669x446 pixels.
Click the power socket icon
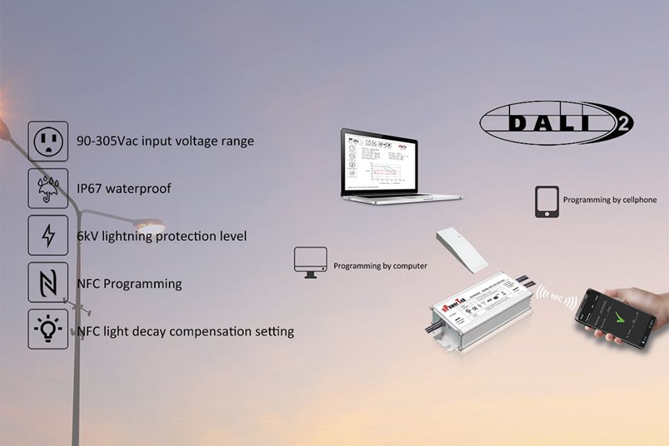48,141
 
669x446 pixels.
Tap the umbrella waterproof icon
48,188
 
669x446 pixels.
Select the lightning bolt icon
48,236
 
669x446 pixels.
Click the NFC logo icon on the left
48,282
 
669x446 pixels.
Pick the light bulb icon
48,329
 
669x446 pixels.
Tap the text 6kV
87,236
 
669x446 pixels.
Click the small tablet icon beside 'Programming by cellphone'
547,201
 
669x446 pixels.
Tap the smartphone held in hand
615,318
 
